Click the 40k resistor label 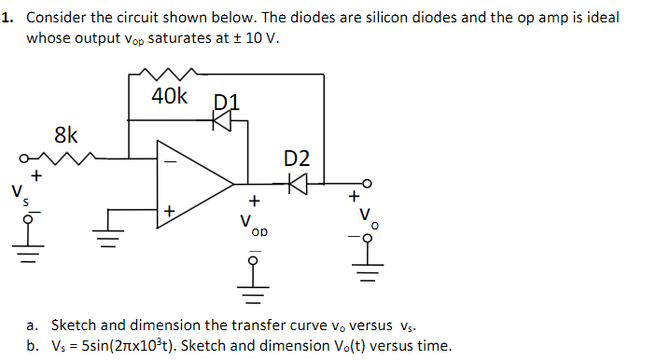point(170,96)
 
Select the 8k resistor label point(65,134)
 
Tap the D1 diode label point(227,100)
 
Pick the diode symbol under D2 point(297,184)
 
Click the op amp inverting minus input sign point(169,159)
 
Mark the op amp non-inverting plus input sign point(169,212)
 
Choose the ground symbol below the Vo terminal point(368,275)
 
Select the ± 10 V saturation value point(253,38)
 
